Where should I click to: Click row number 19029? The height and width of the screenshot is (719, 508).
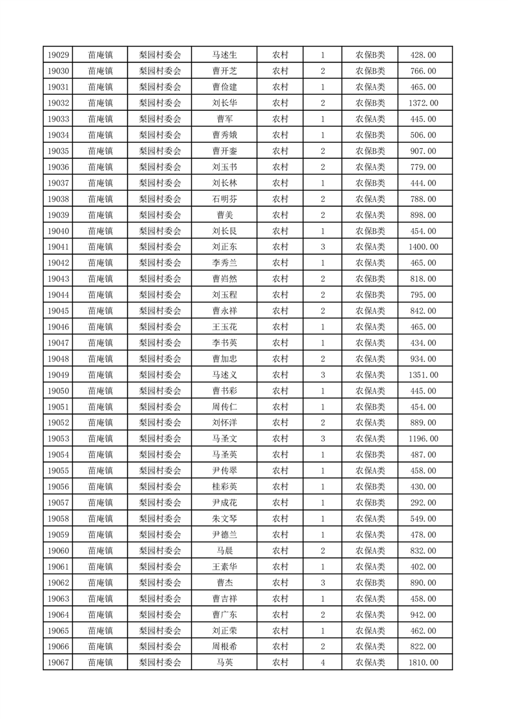[58, 55]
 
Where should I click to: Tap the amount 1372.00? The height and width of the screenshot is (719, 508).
[423, 103]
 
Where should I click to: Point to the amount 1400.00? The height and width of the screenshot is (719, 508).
[423, 247]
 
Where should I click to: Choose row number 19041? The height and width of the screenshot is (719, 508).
[58, 247]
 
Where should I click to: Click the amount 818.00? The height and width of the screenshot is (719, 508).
[423, 279]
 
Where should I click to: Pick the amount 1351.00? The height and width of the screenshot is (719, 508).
[423, 376]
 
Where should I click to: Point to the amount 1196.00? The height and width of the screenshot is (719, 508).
[423, 439]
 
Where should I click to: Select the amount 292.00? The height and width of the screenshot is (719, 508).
[423, 503]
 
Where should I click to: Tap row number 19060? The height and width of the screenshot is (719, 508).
[58, 551]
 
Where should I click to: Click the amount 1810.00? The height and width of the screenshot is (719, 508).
[423, 663]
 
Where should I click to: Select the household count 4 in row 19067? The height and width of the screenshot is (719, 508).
[322, 663]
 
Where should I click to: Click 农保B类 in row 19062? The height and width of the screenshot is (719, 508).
[370, 583]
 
